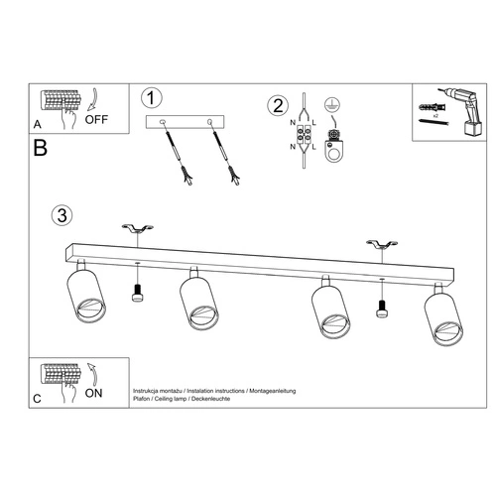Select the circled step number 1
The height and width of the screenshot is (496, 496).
(x=151, y=98)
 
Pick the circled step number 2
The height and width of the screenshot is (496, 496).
(x=279, y=105)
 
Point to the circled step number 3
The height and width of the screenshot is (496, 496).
(x=62, y=214)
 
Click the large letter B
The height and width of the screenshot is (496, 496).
(x=40, y=150)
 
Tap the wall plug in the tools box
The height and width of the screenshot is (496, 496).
(x=430, y=102)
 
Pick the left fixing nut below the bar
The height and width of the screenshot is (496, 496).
(x=137, y=292)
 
